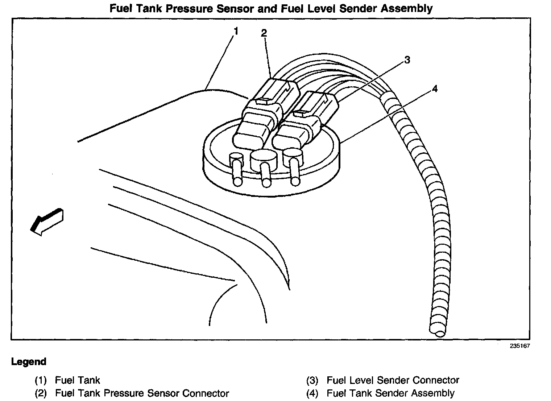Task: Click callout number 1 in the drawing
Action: (236, 31)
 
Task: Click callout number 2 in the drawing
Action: (264, 33)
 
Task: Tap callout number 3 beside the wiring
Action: (407, 60)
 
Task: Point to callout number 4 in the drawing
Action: (435, 89)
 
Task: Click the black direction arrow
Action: (47, 222)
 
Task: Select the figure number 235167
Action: (519, 346)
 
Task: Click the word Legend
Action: (29, 361)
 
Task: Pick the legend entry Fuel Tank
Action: (78, 380)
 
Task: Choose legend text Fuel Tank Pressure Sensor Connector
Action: (142, 393)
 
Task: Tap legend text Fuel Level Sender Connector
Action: (393, 380)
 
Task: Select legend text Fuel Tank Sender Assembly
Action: (391, 393)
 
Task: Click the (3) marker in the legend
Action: (312, 380)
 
